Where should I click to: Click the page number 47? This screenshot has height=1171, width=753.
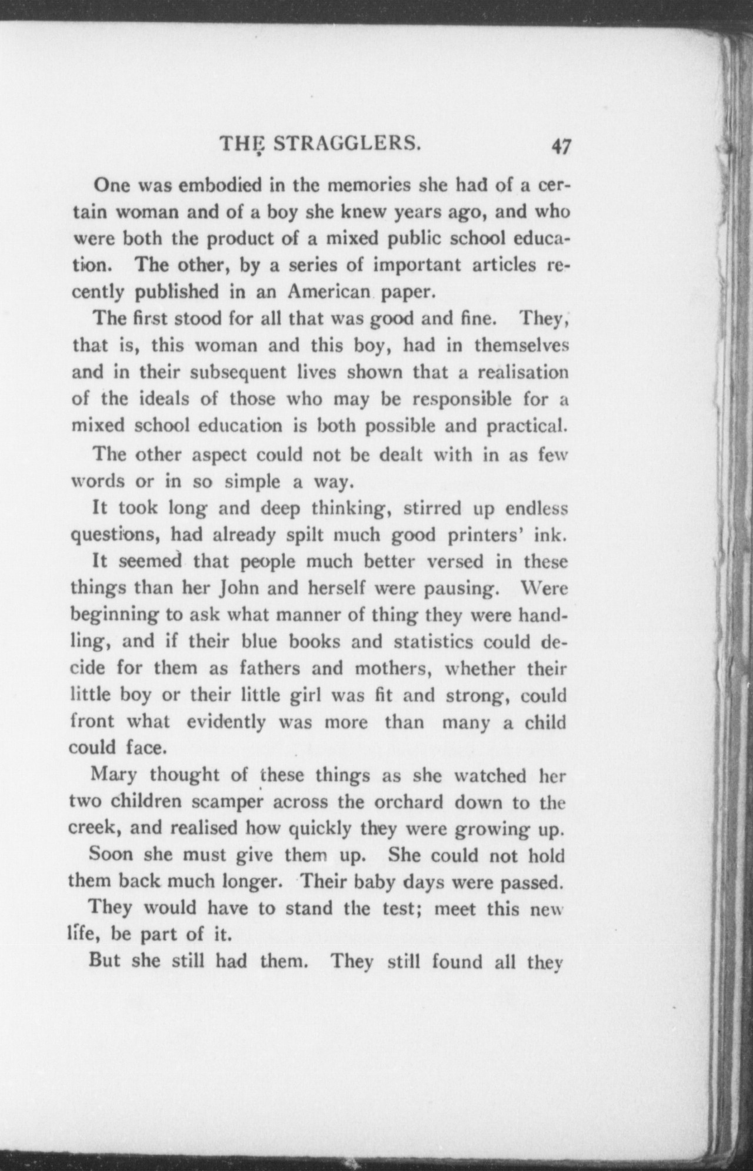(561, 146)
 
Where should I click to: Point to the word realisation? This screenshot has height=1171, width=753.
(522, 372)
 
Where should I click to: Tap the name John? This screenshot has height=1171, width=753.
(239, 588)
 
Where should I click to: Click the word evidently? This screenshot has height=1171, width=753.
(226, 722)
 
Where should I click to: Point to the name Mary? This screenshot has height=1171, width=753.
(114, 775)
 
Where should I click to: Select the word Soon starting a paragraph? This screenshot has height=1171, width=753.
(111, 855)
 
